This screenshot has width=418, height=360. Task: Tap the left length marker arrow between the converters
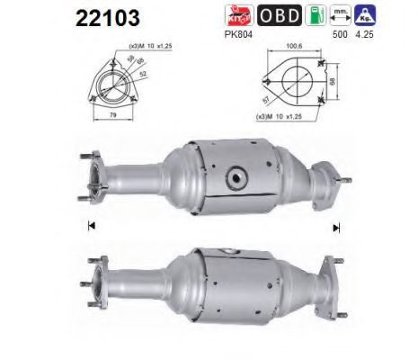pyautogui.click(x=90, y=224)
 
